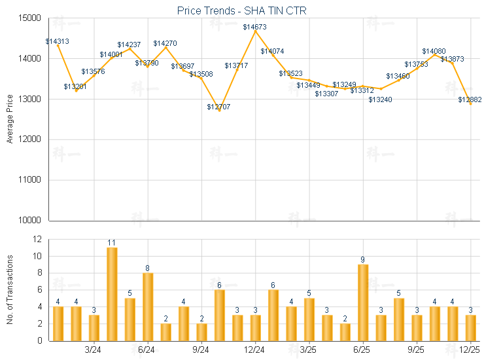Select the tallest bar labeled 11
click(112, 294)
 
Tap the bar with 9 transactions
click(363, 302)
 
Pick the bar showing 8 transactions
click(148, 306)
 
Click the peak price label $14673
click(254, 27)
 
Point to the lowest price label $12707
click(218, 107)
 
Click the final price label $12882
click(470, 99)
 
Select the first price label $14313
click(58, 41)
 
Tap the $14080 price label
click(433, 51)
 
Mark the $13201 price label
click(75, 86)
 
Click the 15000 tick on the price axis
click(31, 18)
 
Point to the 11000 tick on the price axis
click(31, 180)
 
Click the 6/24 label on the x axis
click(147, 350)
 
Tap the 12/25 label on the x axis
click(470, 350)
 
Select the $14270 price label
click(165, 43)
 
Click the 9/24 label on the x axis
click(201, 350)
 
